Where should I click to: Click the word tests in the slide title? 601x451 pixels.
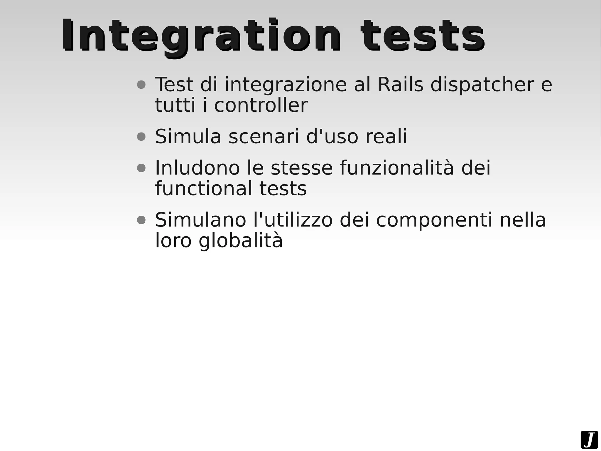[x=423, y=36]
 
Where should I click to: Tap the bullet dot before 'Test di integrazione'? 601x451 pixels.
[x=141, y=85]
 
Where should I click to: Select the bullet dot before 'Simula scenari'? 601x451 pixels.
[x=141, y=137]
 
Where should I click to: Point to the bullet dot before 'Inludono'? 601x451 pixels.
[x=141, y=168]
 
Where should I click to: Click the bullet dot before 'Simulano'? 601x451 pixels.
[x=141, y=220]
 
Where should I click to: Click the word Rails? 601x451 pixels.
[x=400, y=85]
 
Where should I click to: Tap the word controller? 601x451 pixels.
[x=261, y=105]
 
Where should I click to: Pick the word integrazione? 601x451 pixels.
[x=286, y=85]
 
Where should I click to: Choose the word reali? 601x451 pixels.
[x=386, y=137]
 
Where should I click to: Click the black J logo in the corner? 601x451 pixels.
[x=589, y=440]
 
